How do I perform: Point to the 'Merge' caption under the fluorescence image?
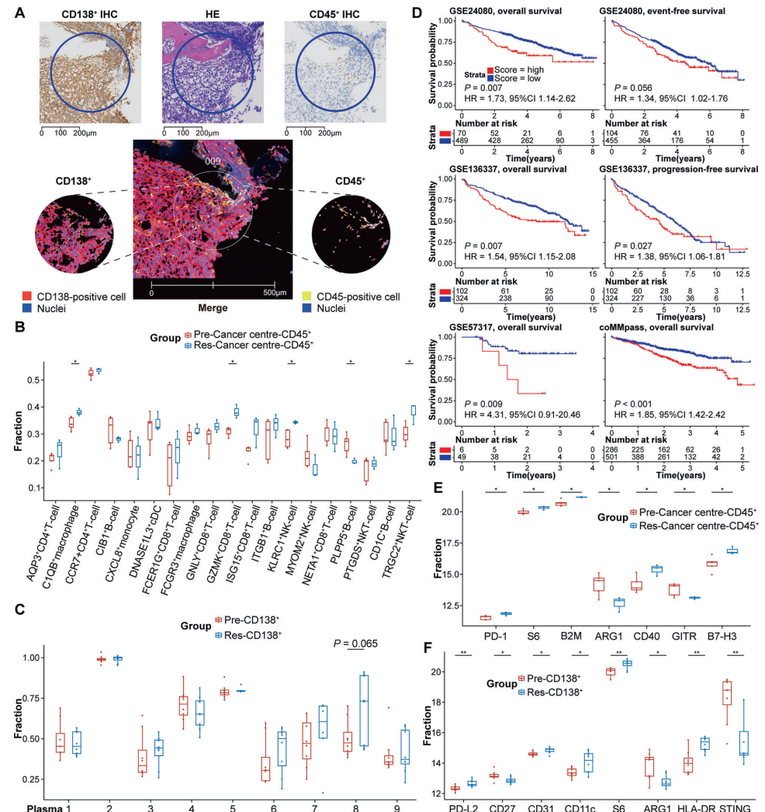click(x=213, y=308)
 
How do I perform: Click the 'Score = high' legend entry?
click(x=514, y=68)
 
